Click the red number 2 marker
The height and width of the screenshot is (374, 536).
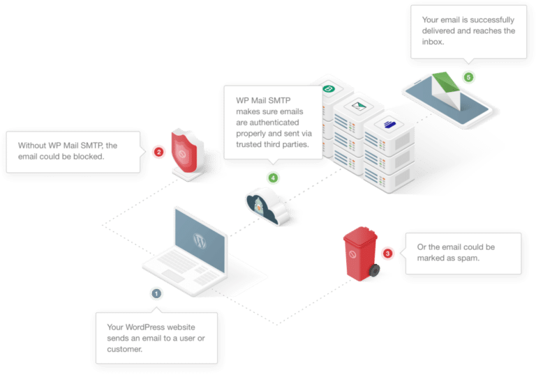click(x=158, y=151)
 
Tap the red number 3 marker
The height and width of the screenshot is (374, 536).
click(x=388, y=254)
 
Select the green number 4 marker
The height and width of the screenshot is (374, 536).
click(x=273, y=178)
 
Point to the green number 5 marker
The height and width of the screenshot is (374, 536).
click(x=469, y=77)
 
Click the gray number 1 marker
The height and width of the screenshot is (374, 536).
click(x=156, y=293)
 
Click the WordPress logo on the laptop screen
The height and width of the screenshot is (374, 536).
click(x=200, y=241)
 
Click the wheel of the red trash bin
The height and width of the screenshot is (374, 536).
click(x=375, y=270)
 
